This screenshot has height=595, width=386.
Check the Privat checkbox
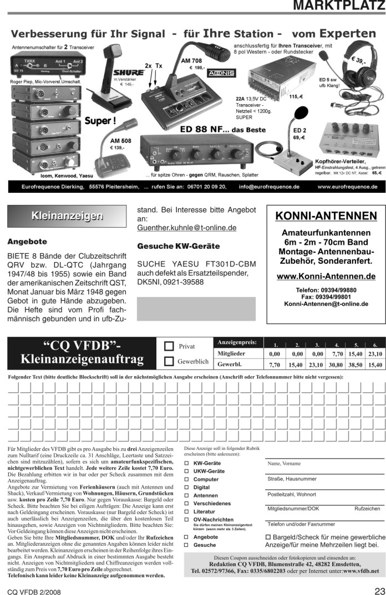pos(170,346)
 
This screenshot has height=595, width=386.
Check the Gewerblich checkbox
pos(170,362)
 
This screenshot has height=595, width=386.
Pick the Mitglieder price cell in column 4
pos(337,353)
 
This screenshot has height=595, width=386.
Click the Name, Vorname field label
pos(283,464)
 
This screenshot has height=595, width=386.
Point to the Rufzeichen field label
pos(367,508)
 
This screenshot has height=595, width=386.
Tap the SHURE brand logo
pos(129,73)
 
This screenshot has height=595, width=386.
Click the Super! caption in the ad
pos(100,120)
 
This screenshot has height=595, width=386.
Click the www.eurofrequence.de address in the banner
pos(347,187)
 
